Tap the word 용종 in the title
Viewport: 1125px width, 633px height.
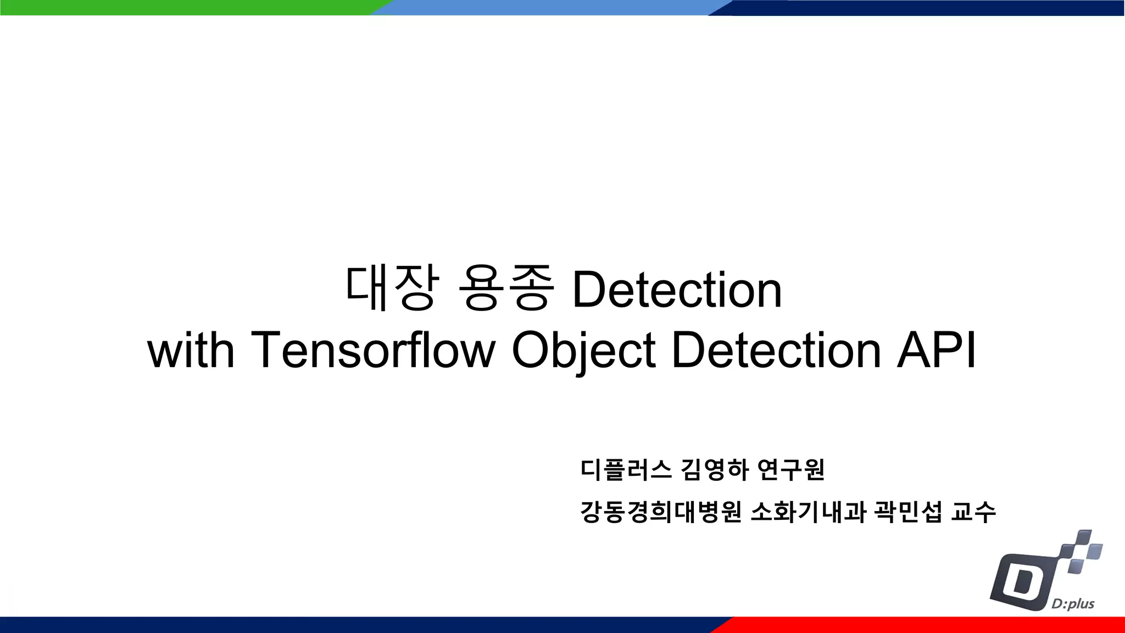point(505,288)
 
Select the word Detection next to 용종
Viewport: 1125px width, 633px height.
point(677,290)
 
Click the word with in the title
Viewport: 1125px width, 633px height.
point(191,350)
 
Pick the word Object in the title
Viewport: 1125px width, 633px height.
point(583,350)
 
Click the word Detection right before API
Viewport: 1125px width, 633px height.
point(776,350)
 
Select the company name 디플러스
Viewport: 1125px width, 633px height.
point(626,470)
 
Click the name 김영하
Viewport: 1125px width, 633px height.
point(715,470)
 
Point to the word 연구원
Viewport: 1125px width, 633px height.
point(791,470)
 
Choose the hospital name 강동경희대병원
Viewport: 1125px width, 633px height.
point(661,512)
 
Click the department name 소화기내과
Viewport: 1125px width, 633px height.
point(808,512)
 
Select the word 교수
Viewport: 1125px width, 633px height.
point(973,512)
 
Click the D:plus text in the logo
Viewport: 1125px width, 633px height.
point(1073,604)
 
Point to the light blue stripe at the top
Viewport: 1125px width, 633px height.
point(549,7)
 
